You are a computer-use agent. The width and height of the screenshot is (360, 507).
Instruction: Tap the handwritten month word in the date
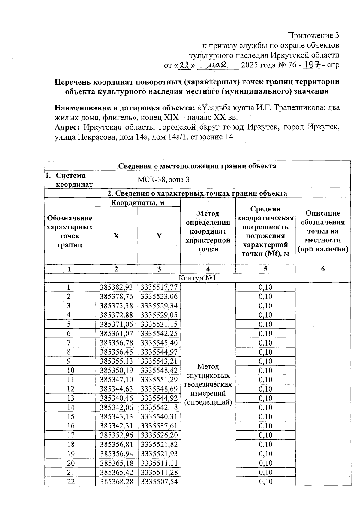(x=218, y=64)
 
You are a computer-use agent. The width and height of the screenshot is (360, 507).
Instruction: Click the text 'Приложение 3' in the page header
(x=313, y=35)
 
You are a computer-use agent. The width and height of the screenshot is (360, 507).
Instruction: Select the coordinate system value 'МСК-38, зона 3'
(x=163, y=180)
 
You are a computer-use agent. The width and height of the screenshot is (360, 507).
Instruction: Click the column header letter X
(x=116, y=236)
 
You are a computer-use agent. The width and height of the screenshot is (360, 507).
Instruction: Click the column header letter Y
(x=159, y=236)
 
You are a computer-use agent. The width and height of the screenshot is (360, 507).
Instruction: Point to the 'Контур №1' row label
(x=197, y=278)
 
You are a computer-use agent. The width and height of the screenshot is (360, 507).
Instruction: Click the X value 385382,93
(x=116, y=287)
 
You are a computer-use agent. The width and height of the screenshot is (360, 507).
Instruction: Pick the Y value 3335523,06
(x=159, y=297)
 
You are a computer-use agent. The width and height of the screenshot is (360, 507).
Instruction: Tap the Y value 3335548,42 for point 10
(x=159, y=370)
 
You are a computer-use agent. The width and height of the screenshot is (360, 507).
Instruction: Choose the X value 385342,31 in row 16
(x=116, y=426)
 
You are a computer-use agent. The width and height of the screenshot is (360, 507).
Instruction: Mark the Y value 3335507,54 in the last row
(x=159, y=481)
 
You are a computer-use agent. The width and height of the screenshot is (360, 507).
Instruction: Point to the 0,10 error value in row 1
(x=265, y=287)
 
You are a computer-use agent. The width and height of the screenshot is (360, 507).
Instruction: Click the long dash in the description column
(x=323, y=385)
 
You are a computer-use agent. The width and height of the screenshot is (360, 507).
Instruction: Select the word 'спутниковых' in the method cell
(x=208, y=376)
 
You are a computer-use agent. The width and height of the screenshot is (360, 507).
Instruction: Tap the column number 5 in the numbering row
(x=265, y=269)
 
